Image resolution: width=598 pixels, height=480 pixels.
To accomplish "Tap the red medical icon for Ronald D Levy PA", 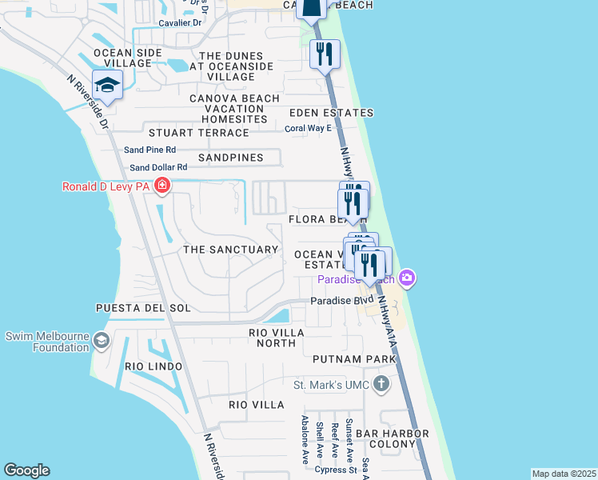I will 162,187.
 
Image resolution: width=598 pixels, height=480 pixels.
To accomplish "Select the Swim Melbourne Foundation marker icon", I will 102,342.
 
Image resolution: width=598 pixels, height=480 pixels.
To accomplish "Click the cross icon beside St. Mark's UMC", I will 381,384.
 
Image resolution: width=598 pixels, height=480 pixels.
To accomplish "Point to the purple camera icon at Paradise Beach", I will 407,278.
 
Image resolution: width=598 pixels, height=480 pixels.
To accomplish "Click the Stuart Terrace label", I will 196,133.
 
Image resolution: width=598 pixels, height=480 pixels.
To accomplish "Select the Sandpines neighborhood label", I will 230,158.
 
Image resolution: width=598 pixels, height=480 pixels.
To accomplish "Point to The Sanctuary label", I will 230,250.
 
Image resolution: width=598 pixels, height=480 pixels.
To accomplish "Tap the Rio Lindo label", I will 153,366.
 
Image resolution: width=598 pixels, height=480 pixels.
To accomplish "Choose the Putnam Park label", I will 354,360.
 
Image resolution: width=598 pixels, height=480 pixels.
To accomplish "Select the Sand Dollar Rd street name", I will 158,167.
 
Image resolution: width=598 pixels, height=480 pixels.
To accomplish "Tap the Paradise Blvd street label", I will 342,301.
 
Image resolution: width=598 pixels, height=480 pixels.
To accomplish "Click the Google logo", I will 26,470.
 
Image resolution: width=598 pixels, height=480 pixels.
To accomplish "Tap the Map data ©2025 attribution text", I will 564,474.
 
